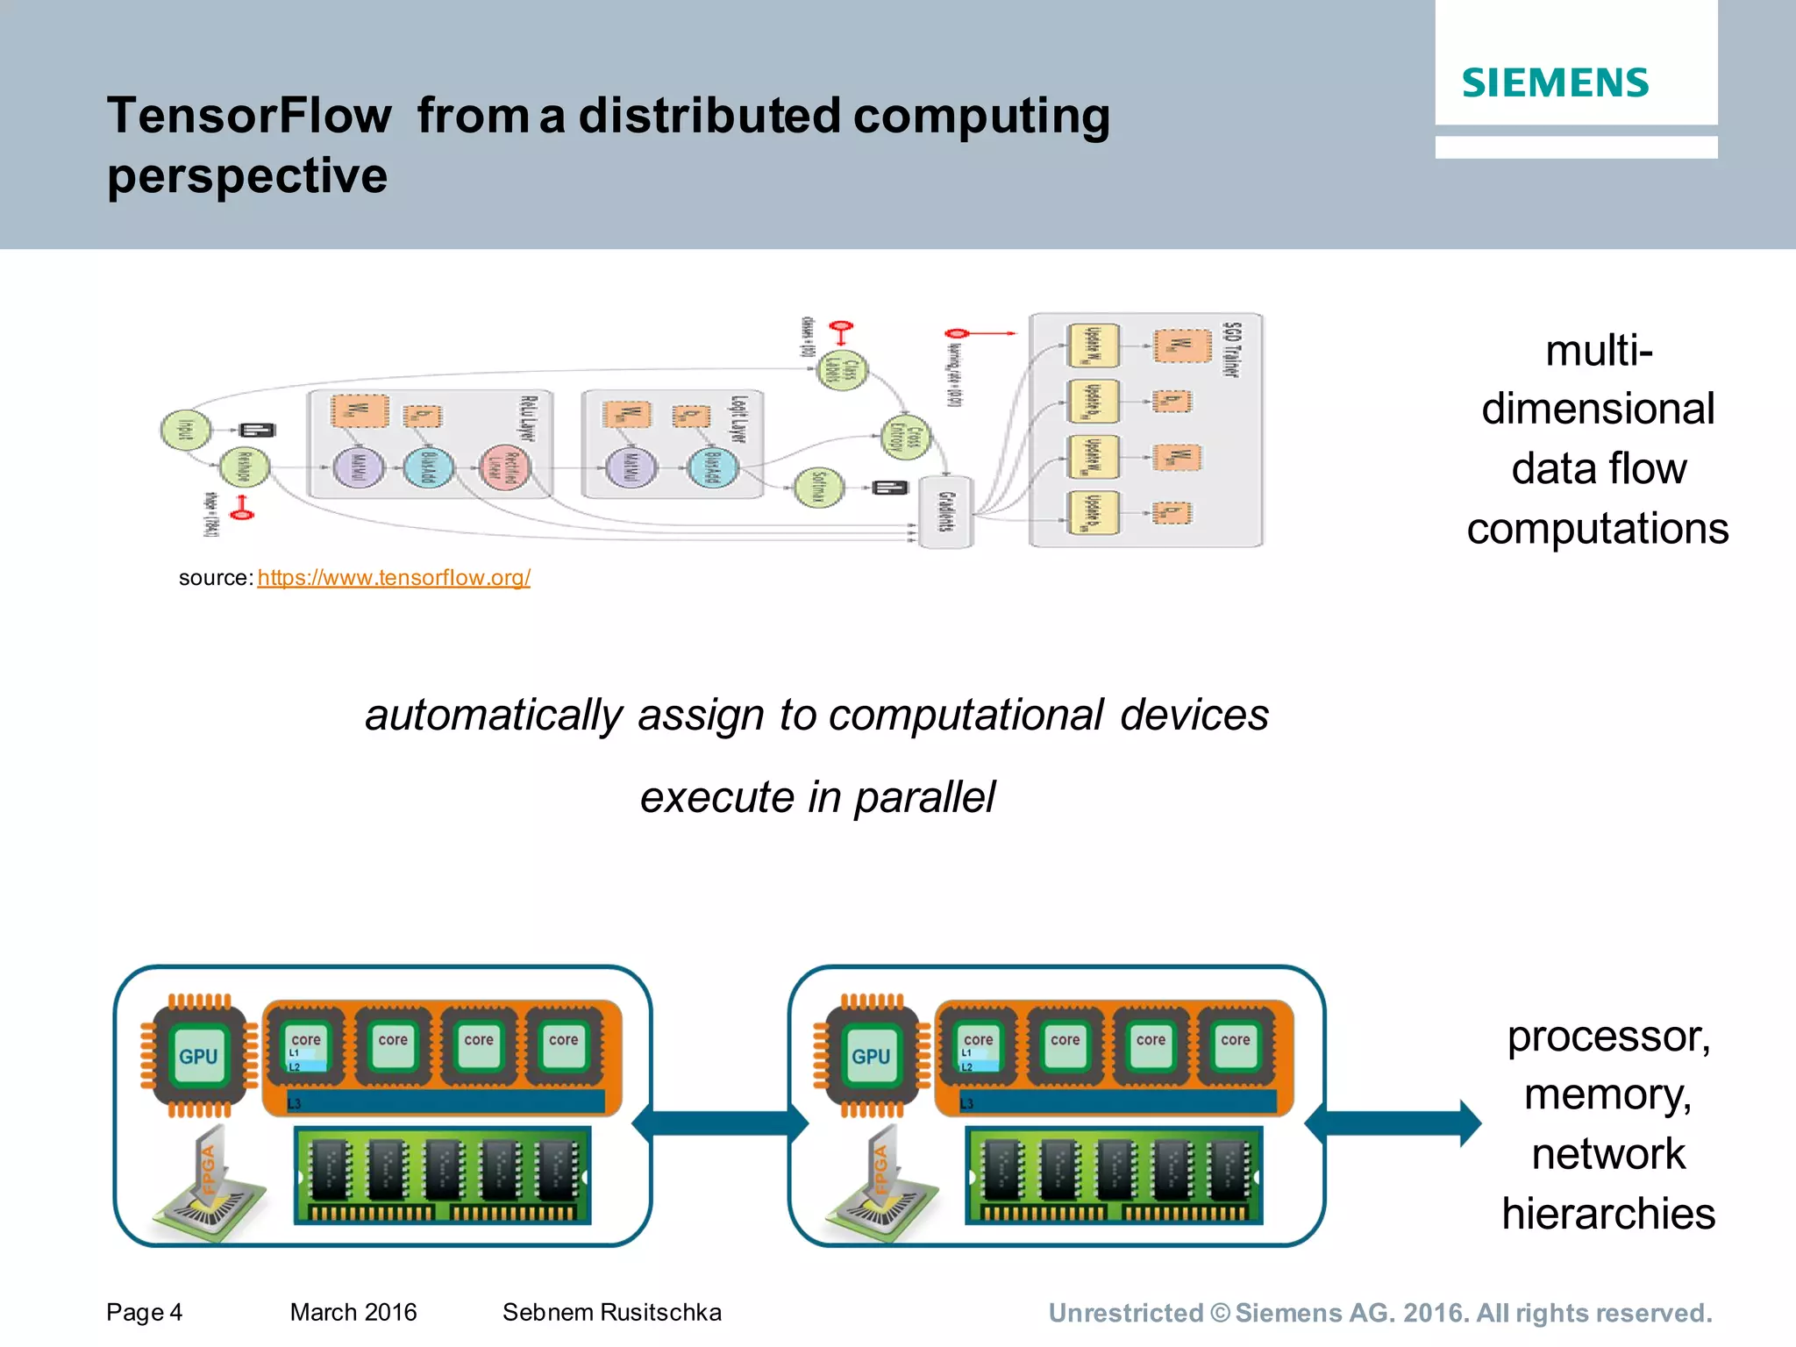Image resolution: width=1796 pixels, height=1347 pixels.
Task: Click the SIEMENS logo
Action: coord(1555,83)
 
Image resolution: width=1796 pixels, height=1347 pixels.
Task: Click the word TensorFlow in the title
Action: coord(249,116)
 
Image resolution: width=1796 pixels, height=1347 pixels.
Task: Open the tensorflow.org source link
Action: coord(394,578)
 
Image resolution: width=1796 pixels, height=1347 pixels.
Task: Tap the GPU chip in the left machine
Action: coord(198,1056)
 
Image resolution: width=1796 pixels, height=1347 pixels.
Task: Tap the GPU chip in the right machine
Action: coord(871,1056)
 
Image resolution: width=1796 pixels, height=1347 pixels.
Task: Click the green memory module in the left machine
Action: coord(443,1175)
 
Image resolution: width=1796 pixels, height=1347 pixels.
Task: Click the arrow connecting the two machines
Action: coord(720,1122)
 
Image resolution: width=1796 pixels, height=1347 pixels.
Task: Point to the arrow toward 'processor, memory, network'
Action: coord(1394,1122)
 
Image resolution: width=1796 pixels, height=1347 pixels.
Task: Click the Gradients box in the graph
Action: coord(945,512)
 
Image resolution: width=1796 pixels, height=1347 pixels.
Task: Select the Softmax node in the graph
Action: coord(818,488)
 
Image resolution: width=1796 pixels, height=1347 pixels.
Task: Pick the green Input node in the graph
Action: coord(185,430)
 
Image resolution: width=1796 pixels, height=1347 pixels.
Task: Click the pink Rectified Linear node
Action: coord(506,467)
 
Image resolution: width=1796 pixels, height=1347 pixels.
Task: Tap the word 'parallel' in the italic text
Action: coord(924,797)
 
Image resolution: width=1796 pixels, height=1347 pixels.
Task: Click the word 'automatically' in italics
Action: coord(494,715)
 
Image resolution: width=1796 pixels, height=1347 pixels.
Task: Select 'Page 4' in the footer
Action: coord(144,1312)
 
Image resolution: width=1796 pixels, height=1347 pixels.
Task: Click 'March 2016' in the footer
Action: coord(353,1312)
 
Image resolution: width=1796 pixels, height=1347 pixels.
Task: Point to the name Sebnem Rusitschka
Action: coord(611,1312)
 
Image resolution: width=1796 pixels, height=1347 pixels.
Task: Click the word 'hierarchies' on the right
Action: coord(1607,1214)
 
